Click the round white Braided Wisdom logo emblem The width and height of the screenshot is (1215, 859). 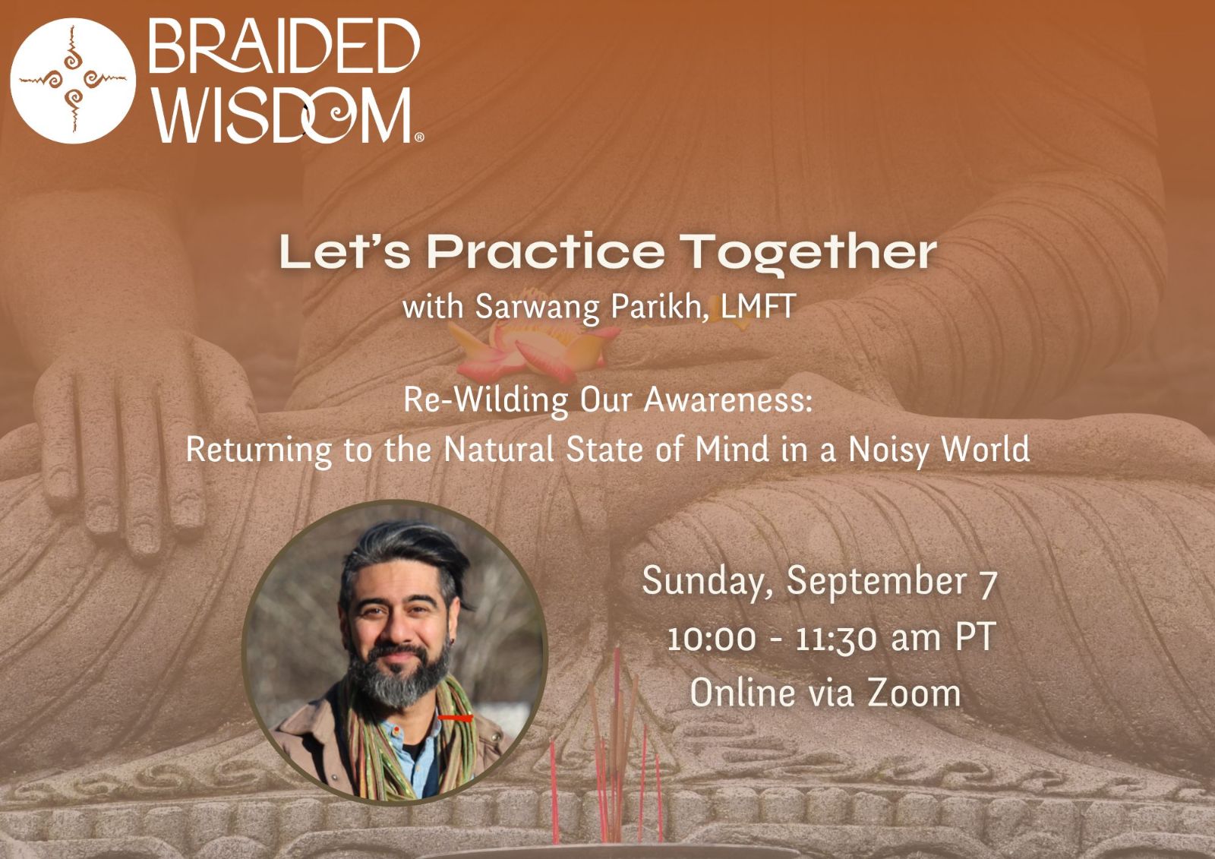pos(73,81)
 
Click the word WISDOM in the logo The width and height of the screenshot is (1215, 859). pos(281,115)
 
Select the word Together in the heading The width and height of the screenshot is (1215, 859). pos(808,253)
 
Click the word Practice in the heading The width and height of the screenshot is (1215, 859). pos(545,252)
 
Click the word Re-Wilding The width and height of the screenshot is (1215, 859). pos(486,401)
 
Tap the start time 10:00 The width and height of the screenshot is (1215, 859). pos(711,639)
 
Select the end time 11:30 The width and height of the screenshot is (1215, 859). pos(836,639)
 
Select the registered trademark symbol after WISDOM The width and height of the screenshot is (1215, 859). pos(418,137)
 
